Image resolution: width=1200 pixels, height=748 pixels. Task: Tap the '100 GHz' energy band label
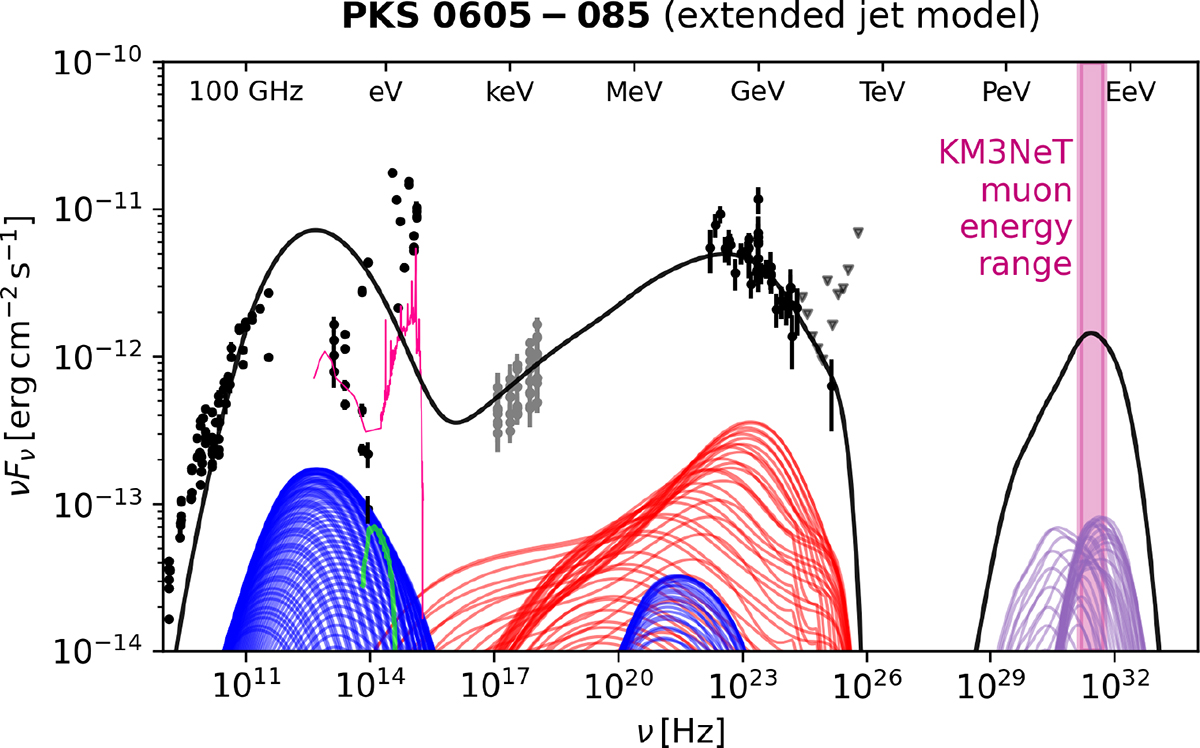tap(246, 92)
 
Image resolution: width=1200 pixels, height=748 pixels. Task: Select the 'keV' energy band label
tap(510, 92)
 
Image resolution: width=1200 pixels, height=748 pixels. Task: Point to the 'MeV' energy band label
tap(634, 92)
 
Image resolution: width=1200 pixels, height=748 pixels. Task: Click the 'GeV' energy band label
tap(758, 92)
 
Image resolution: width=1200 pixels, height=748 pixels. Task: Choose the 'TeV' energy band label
tap(882, 92)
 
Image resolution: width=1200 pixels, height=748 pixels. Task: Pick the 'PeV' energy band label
tap(1006, 92)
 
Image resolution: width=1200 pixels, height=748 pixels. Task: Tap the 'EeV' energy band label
tap(1130, 92)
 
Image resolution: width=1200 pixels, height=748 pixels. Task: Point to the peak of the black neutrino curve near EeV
tap(1091, 333)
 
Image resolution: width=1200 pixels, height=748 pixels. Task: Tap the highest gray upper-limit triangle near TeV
tap(858, 232)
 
